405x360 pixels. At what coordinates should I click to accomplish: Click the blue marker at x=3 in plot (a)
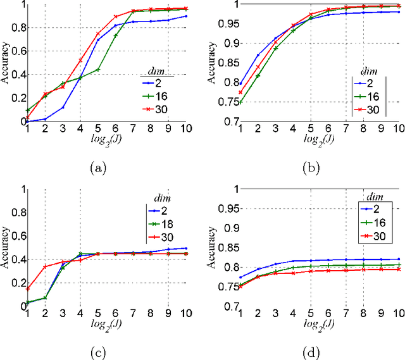pyautogui.click(x=63, y=108)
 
